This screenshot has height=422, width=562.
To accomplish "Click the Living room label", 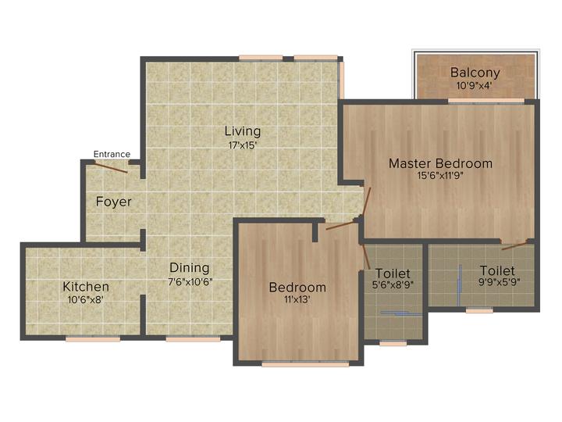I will point(243,131).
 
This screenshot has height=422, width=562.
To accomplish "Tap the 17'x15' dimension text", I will point(243,145).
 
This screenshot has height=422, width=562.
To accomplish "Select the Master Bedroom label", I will point(440,163).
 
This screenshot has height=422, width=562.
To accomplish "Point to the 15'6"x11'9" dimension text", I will point(440,177).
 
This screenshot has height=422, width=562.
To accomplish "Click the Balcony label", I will point(475,73).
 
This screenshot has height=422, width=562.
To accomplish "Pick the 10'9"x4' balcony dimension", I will point(475,87).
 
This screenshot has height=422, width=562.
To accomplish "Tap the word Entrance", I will point(112,154).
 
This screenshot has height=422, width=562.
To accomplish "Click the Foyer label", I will point(113,202).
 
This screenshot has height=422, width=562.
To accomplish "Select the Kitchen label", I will point(86,287).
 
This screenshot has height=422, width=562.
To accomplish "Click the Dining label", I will point(190,267).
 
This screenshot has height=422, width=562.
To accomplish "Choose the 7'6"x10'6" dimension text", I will point(190,281).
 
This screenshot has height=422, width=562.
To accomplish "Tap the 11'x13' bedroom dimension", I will point(297,300).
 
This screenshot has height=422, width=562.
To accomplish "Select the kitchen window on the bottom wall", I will point(92,339).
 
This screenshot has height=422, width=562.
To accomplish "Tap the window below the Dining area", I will point(192,339).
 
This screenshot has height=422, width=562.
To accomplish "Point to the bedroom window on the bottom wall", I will point(294,363).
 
